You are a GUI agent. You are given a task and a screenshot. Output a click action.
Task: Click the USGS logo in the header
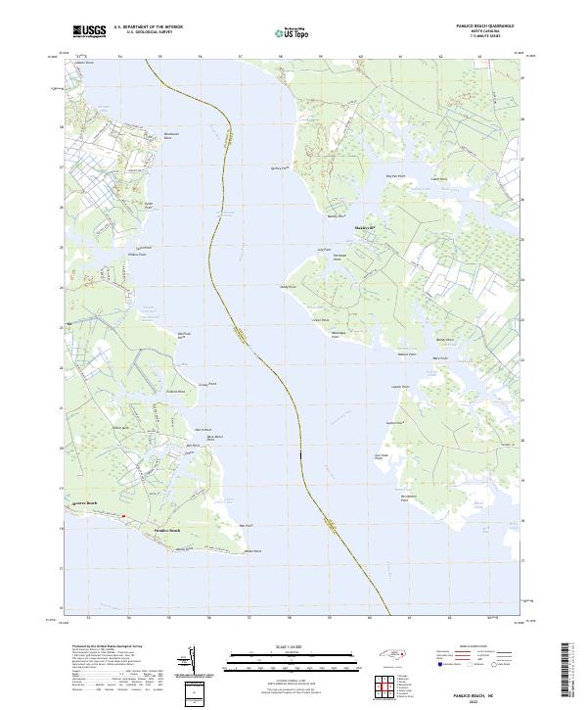(x=89, y=31)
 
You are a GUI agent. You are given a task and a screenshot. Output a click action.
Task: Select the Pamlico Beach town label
(x=167, y=531)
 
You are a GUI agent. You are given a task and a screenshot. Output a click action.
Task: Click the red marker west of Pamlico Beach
(x=124, y=516)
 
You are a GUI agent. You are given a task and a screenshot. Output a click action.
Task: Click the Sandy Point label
(x=287, y=287)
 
